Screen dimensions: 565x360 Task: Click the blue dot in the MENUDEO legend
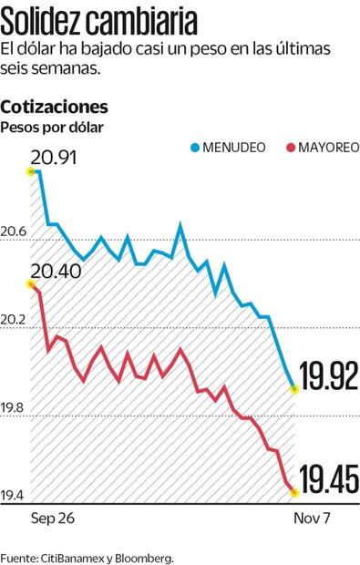pyautogui.click(x=195, y=147)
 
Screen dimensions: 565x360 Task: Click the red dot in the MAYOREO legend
pyautogui.click(x=291, y=147)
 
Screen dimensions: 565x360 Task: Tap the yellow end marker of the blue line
pyautogui.click(x=293, y=389)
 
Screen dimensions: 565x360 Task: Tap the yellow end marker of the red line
pyautogui.click(x=294, y=492)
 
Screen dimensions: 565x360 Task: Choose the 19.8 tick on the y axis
pyautogui.click(x=15, y=407)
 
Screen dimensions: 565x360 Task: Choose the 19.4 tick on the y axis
pyautogui.click(x=15, y=496)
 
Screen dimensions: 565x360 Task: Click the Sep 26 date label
pyautogui.click(x=52, y=517)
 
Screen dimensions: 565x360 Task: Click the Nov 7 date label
pyautogui.click(x=293, y=517)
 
